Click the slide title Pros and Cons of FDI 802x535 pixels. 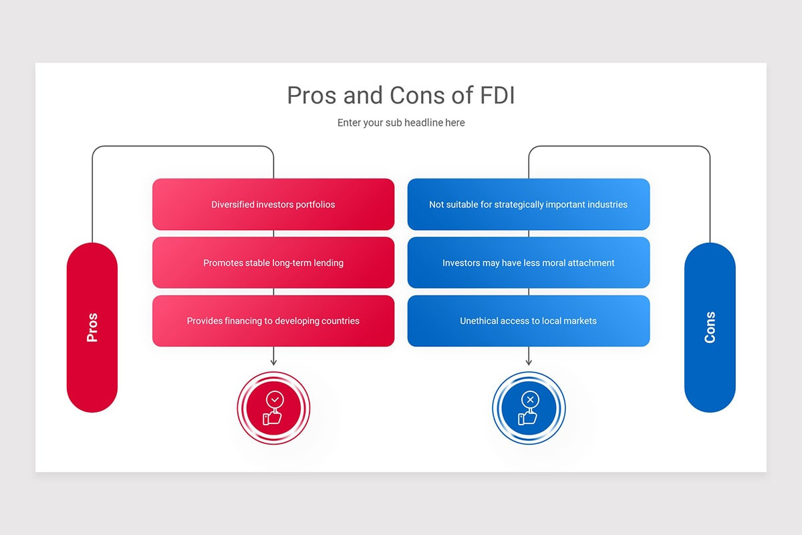coord(400,96)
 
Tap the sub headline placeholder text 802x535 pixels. coord(400,123)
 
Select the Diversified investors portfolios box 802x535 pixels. coord(273,204)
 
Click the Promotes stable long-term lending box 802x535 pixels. coord(273,263)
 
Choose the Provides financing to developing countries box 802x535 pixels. coord(273,321)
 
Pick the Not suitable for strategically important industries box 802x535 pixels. coord(528,204)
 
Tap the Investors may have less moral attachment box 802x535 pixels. coord(528,263)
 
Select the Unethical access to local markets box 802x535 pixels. coord(528,321)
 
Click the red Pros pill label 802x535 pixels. coord(92,327)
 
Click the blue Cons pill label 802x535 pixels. coord(710,327)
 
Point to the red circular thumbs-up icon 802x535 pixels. coord(273,408)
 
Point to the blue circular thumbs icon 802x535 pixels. coord(529,408)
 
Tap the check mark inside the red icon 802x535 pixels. coord(275,400)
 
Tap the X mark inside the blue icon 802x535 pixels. coord(530,400)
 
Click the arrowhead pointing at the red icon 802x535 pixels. coord(273,362)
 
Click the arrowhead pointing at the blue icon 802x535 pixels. coord(529,362)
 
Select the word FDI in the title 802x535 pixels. coord(497,96)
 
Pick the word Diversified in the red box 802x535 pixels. coord(233,204)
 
